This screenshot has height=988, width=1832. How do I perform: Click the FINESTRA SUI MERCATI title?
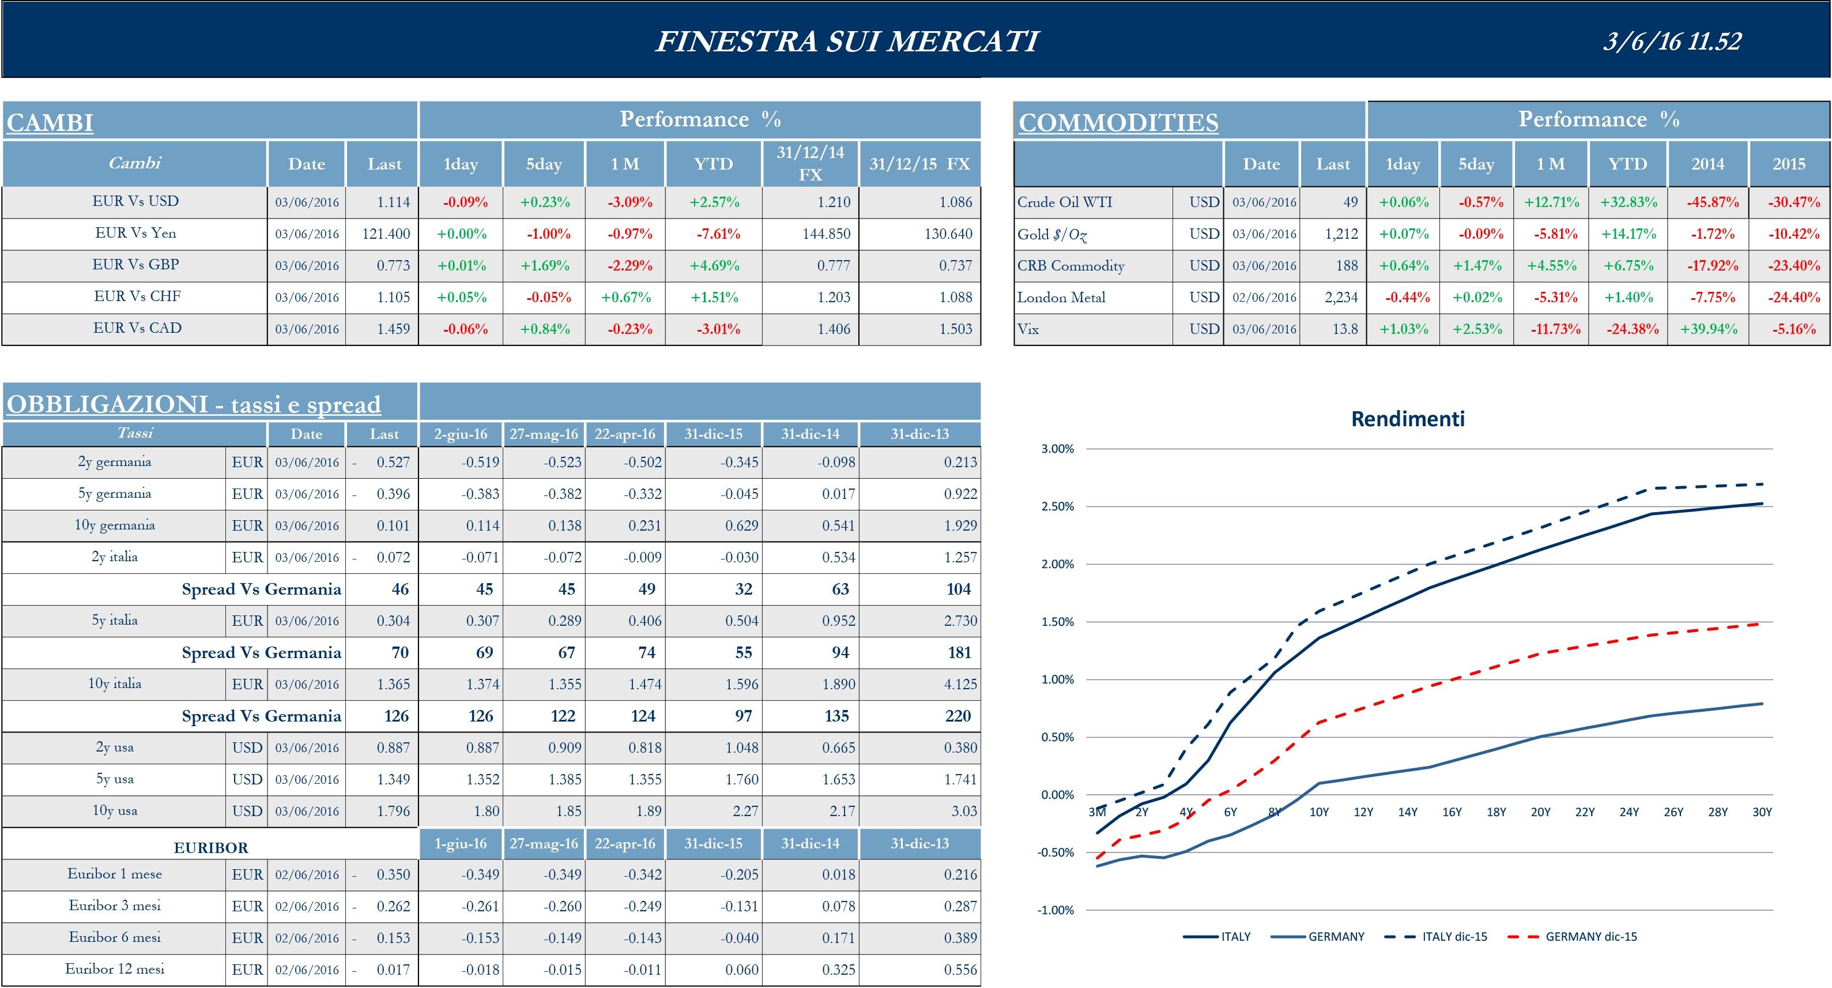click(846, 42)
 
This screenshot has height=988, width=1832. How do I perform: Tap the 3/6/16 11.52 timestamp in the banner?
click(1671, 42)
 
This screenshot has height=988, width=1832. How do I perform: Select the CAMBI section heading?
click(50, 122)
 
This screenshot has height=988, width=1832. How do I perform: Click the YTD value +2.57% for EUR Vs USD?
click(714, 202)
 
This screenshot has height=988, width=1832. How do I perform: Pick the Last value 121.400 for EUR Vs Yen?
click(386, 234)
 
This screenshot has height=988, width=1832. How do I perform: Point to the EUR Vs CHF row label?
click(137, 296)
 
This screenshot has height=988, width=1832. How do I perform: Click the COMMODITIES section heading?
click(1118, 122)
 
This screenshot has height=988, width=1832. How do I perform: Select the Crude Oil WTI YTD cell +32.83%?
click(1628, 202)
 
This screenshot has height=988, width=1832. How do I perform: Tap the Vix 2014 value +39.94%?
click(1708, 329)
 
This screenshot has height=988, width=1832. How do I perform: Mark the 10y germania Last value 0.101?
click(393, 525)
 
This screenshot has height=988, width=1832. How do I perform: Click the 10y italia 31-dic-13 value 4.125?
click(960, 684)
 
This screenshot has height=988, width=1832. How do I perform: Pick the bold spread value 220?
click(958, 716)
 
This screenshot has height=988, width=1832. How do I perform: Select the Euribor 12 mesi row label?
click(115, 969)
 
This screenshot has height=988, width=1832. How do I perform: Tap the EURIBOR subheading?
click(210, 848)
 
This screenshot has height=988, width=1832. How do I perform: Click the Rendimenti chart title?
click(1407, 419)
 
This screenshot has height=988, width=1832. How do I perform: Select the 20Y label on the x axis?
click(1540, 812)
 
